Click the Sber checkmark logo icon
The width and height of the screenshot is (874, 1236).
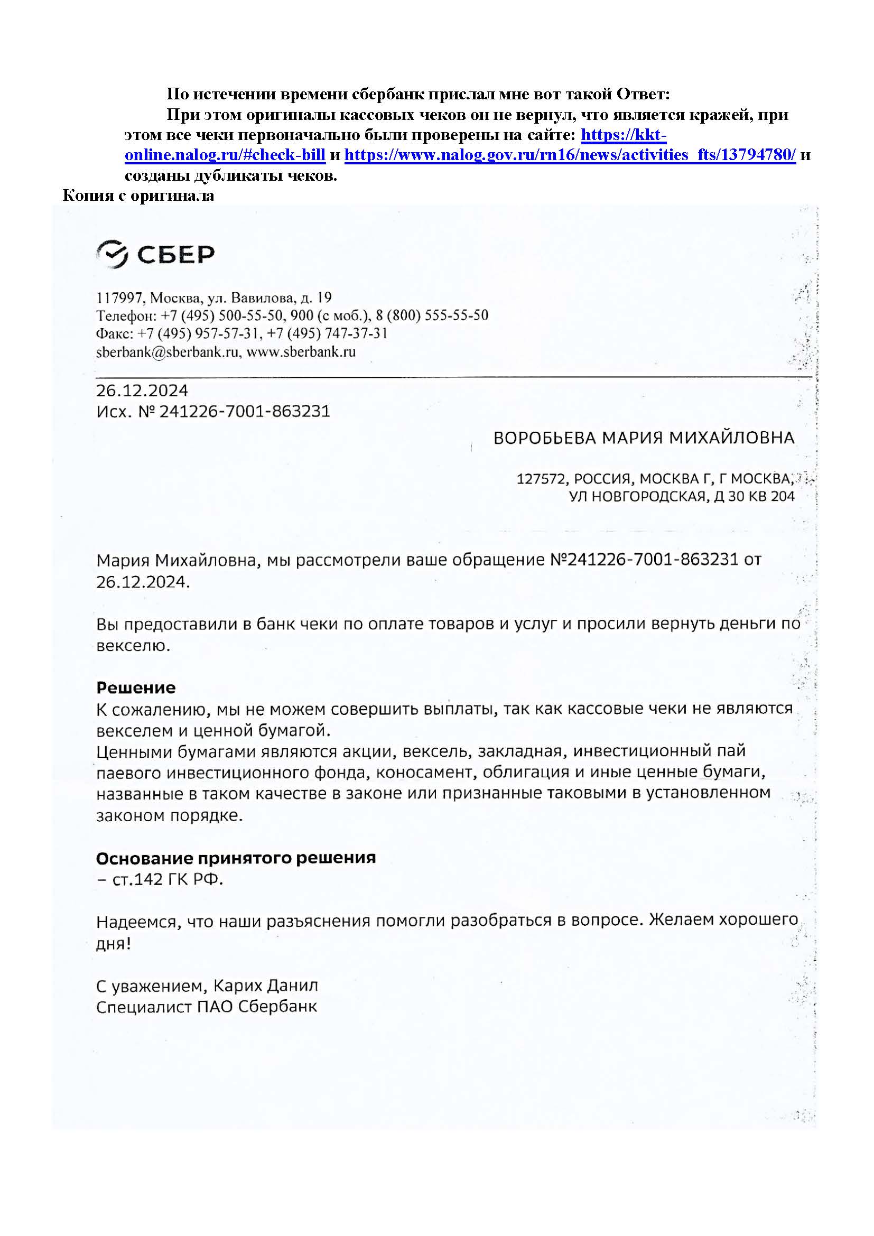pos(112,254)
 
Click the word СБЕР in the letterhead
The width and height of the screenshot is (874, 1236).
pos(175,254)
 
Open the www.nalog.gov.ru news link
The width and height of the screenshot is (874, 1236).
pos(570,155)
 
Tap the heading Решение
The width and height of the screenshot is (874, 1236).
pos(136,687)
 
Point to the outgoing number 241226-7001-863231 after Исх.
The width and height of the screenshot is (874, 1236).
pos(244,411)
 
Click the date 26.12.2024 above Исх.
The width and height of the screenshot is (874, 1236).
pos(142,391)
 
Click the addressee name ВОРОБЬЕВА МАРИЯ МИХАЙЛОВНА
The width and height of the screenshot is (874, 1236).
pos(644,438)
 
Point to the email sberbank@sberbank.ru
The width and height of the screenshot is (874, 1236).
pos(168,352)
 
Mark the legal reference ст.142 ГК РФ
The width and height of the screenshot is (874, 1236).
pos(167,879)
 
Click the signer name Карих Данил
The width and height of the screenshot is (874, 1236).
pos(265,985)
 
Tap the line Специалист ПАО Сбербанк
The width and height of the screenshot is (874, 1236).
pos(207,1006)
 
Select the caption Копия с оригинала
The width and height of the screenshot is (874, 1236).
pos(138,196)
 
